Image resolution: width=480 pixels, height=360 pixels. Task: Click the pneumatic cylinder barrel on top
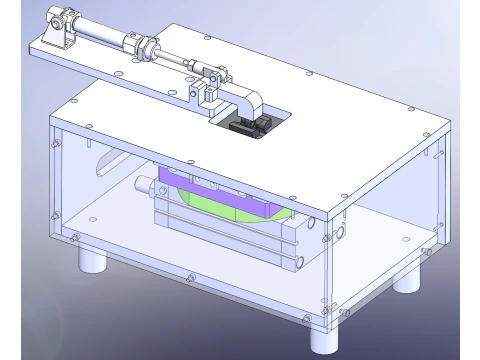coord(104,38)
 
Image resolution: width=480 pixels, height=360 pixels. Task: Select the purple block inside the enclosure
coord(200,190)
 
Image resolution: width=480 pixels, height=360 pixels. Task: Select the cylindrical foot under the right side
coord(407,276)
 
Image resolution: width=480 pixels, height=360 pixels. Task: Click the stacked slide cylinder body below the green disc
coord(230,235)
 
